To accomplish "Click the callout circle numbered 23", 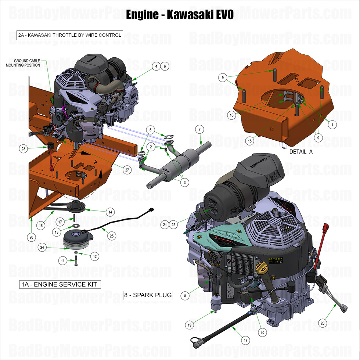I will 24,149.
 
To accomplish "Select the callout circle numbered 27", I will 127,169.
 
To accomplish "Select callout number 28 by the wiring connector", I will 323,323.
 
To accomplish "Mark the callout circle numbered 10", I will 232,115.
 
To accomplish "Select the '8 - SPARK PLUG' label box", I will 148,295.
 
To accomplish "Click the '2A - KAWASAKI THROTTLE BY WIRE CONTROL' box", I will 69,35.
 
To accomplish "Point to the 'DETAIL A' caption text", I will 300,151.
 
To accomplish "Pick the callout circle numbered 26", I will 32,237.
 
